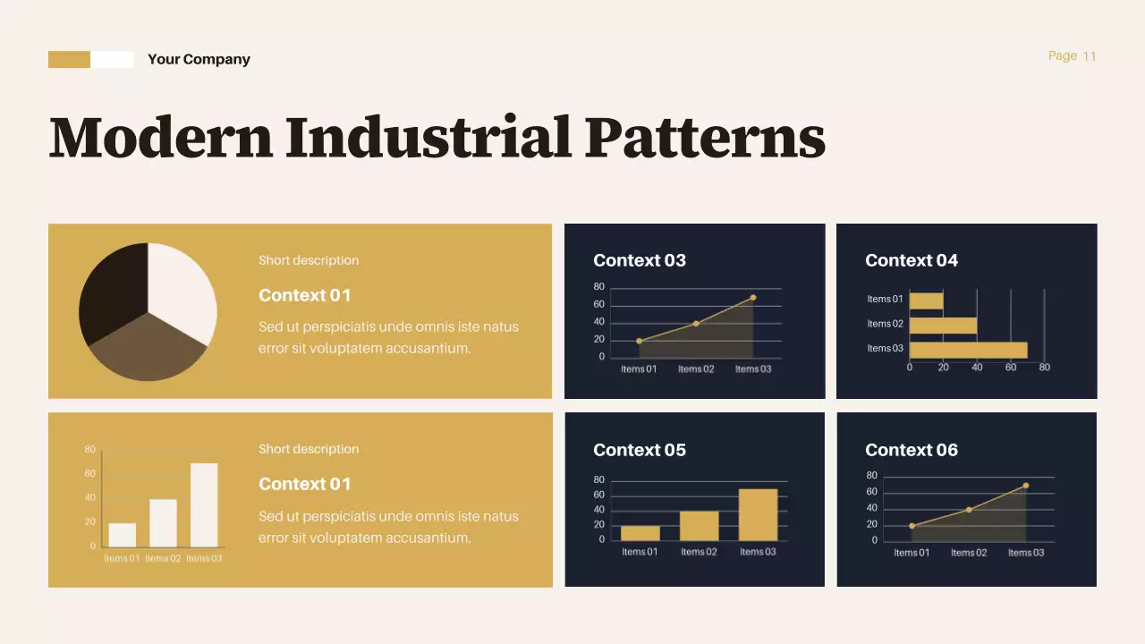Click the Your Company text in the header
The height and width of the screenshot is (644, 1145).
point(199,60)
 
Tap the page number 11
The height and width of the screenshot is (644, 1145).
point(1089,56)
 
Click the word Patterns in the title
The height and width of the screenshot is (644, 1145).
point(705,138)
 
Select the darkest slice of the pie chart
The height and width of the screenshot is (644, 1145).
point(112,288)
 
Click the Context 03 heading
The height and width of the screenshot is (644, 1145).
point(640,261)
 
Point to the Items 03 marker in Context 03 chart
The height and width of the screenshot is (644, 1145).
point(753,298)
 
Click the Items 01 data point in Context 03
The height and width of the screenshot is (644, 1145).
point(639,341)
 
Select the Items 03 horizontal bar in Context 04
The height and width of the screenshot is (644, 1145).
point(968,350)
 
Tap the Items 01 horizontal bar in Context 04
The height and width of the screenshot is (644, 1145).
point(926,301)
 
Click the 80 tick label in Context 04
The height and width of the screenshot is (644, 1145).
point(1044,368)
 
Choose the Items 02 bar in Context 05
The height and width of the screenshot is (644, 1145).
point(699,526)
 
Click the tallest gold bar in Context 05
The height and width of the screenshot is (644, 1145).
point(758,514)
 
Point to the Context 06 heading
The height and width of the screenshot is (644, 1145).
point(912,451)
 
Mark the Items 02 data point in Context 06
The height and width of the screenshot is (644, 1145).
point(969,510)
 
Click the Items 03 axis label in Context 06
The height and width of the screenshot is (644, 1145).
point(1026,553)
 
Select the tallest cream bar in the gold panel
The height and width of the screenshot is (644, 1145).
point(204,504)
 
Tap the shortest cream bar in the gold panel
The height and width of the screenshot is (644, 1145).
point(123,535)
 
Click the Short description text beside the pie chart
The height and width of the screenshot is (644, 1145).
point(309,261)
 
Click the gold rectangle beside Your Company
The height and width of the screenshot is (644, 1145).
point(69,60)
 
